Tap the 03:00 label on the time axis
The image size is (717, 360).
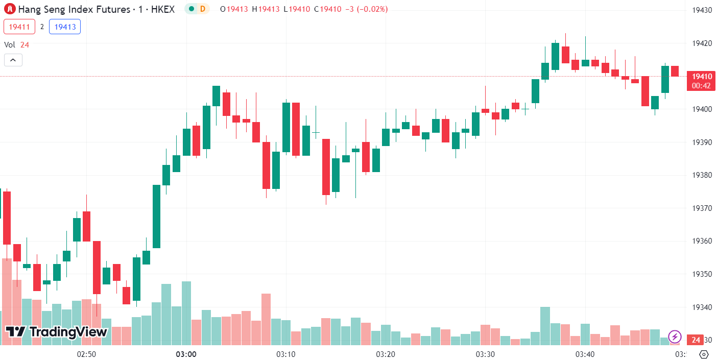pyautogui.click(x=186, y=354)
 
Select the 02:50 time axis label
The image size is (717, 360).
pyautogui.click(x=86, y=354)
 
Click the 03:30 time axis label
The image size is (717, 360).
pyautogui.click(x=485, y=354)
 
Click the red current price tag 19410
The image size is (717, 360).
pyautogui.click(x=701, y=77)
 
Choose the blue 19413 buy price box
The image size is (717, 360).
pyautogui.click(x=65, y=27)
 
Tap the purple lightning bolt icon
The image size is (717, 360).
pyautogui.click(x=675, y=337)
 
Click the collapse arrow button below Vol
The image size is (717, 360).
pyautogui.click(x=13, y=60)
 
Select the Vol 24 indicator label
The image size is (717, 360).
pyautogui.click(x=17, y=45)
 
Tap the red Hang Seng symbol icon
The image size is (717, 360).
pyautogui.click(x=10, y=9)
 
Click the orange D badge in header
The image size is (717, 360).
pyautogui.click(x=203, y=9)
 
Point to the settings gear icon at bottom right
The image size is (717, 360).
pyautogui.click(x=704, y=354)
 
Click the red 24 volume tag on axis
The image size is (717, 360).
pyautogui.click(x=695, y=340)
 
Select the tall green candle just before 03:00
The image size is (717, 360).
pyautogui.click(x=156, y=216)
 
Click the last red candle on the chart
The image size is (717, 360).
pyautogui.click(x=675, y=71)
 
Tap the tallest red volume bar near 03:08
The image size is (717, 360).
pyautogui.click(x=266, y=319)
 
